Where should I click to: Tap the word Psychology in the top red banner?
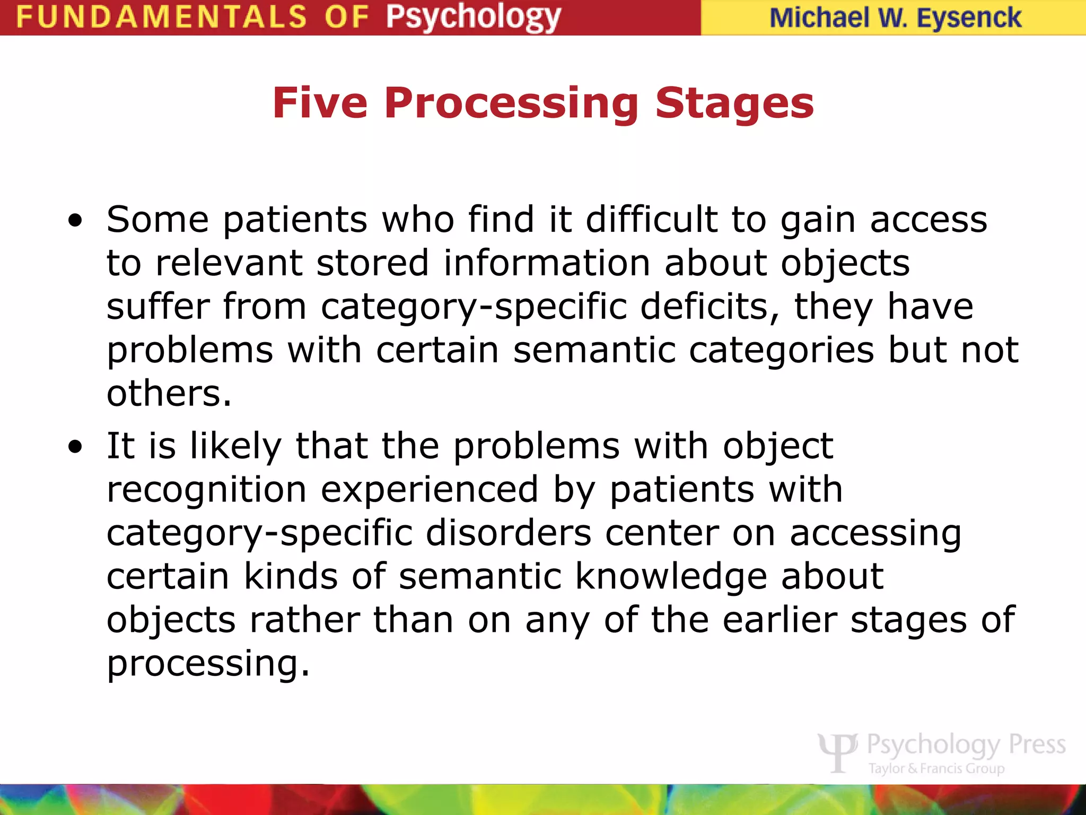[x=473, y=17]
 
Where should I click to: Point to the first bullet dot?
[x=75, y=221]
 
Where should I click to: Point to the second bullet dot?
[x=75, y=447]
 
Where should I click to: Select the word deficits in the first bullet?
[x=710, y=306]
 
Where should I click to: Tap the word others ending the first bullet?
[x=169, y=393]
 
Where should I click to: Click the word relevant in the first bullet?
[x=229, y=263]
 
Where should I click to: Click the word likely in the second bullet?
[x=235, y=446]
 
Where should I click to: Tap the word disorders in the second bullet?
[x=509, y=533]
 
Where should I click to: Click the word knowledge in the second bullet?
[x=671, y=576]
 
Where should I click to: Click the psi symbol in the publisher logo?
[x=837, y=752]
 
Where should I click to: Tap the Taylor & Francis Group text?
[x=936, y=769]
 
